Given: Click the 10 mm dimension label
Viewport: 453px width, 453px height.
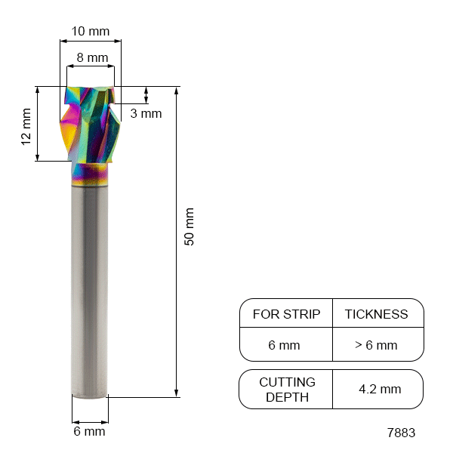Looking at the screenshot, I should [x=90, y=32].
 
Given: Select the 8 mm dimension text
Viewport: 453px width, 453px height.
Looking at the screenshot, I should [x=92, y=57].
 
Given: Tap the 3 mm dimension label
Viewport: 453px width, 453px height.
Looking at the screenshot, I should [x=146, y=114].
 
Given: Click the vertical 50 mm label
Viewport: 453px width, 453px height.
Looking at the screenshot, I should [x=190, y=226].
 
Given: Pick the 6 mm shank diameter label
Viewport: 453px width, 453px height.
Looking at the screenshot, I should [x=89, y=432].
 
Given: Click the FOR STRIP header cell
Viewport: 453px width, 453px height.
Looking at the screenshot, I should [x=286, y=314].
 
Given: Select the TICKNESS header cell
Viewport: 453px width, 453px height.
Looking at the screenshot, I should [x=376, y=314].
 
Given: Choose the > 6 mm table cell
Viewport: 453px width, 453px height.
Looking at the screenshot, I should [x=376, y=345].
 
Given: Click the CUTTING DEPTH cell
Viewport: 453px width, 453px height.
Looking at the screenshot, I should [x=286, y=390].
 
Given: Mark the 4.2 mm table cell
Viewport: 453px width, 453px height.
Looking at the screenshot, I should [x=380, y=390].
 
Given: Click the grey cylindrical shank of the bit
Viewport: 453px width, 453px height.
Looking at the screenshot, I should [x=89, y=287].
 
